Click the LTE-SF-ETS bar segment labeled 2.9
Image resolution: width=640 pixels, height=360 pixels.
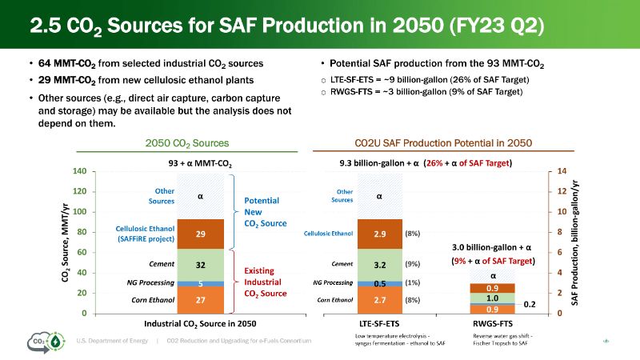tap(380, 234)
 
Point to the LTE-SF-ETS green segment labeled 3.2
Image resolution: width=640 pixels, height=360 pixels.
tap(380, 263)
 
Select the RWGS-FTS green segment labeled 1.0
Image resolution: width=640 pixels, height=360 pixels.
tap(493, 298)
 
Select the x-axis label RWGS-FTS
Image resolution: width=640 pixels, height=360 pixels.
tap(493, 324)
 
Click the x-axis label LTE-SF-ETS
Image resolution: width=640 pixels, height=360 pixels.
tap(380, 324)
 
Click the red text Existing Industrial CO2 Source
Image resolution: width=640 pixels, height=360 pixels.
tap(264, 282)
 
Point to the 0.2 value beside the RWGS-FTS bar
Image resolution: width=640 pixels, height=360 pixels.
tap(529, 305)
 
